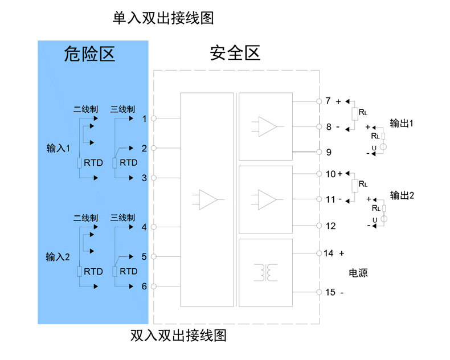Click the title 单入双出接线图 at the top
pyautogui.click(x=163, y=18)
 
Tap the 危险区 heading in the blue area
pyautogui.click(x=89, y=54)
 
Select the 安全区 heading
pyautogui.click(x=235, y=53)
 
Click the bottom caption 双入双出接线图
pyautogui.click(x=178, y=336)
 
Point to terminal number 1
pyautogui.click(x=144, y=118)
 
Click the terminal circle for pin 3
pyautogui.click(x=154, y=178)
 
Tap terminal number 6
pyautogui.click(x=144, y=286)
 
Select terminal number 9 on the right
pyautogui.click(x=329, y=152)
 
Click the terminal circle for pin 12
pyautogui.click(x=319, y=226)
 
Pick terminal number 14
pyautogui.click(x=329, y=253)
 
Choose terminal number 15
pyautogui.click(x=330, y=292)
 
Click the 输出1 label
pyautogui.click(x=402, y=124)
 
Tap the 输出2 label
pyautogui.click(x=402, y=195)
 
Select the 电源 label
pyautogui.click(x=358, y=273)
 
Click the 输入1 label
pyautogui.click(x=58, y=148)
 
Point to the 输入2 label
pyautogui.click(x=58, y=257)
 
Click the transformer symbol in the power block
pyautogui.click(x=266, y=272)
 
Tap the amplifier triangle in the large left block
pyautogui.click(x=208, y=199)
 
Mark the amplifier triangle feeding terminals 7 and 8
pyautogui.click(x=268, y=126)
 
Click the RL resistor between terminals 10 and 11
pyautogui.click(x=355, y=186)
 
